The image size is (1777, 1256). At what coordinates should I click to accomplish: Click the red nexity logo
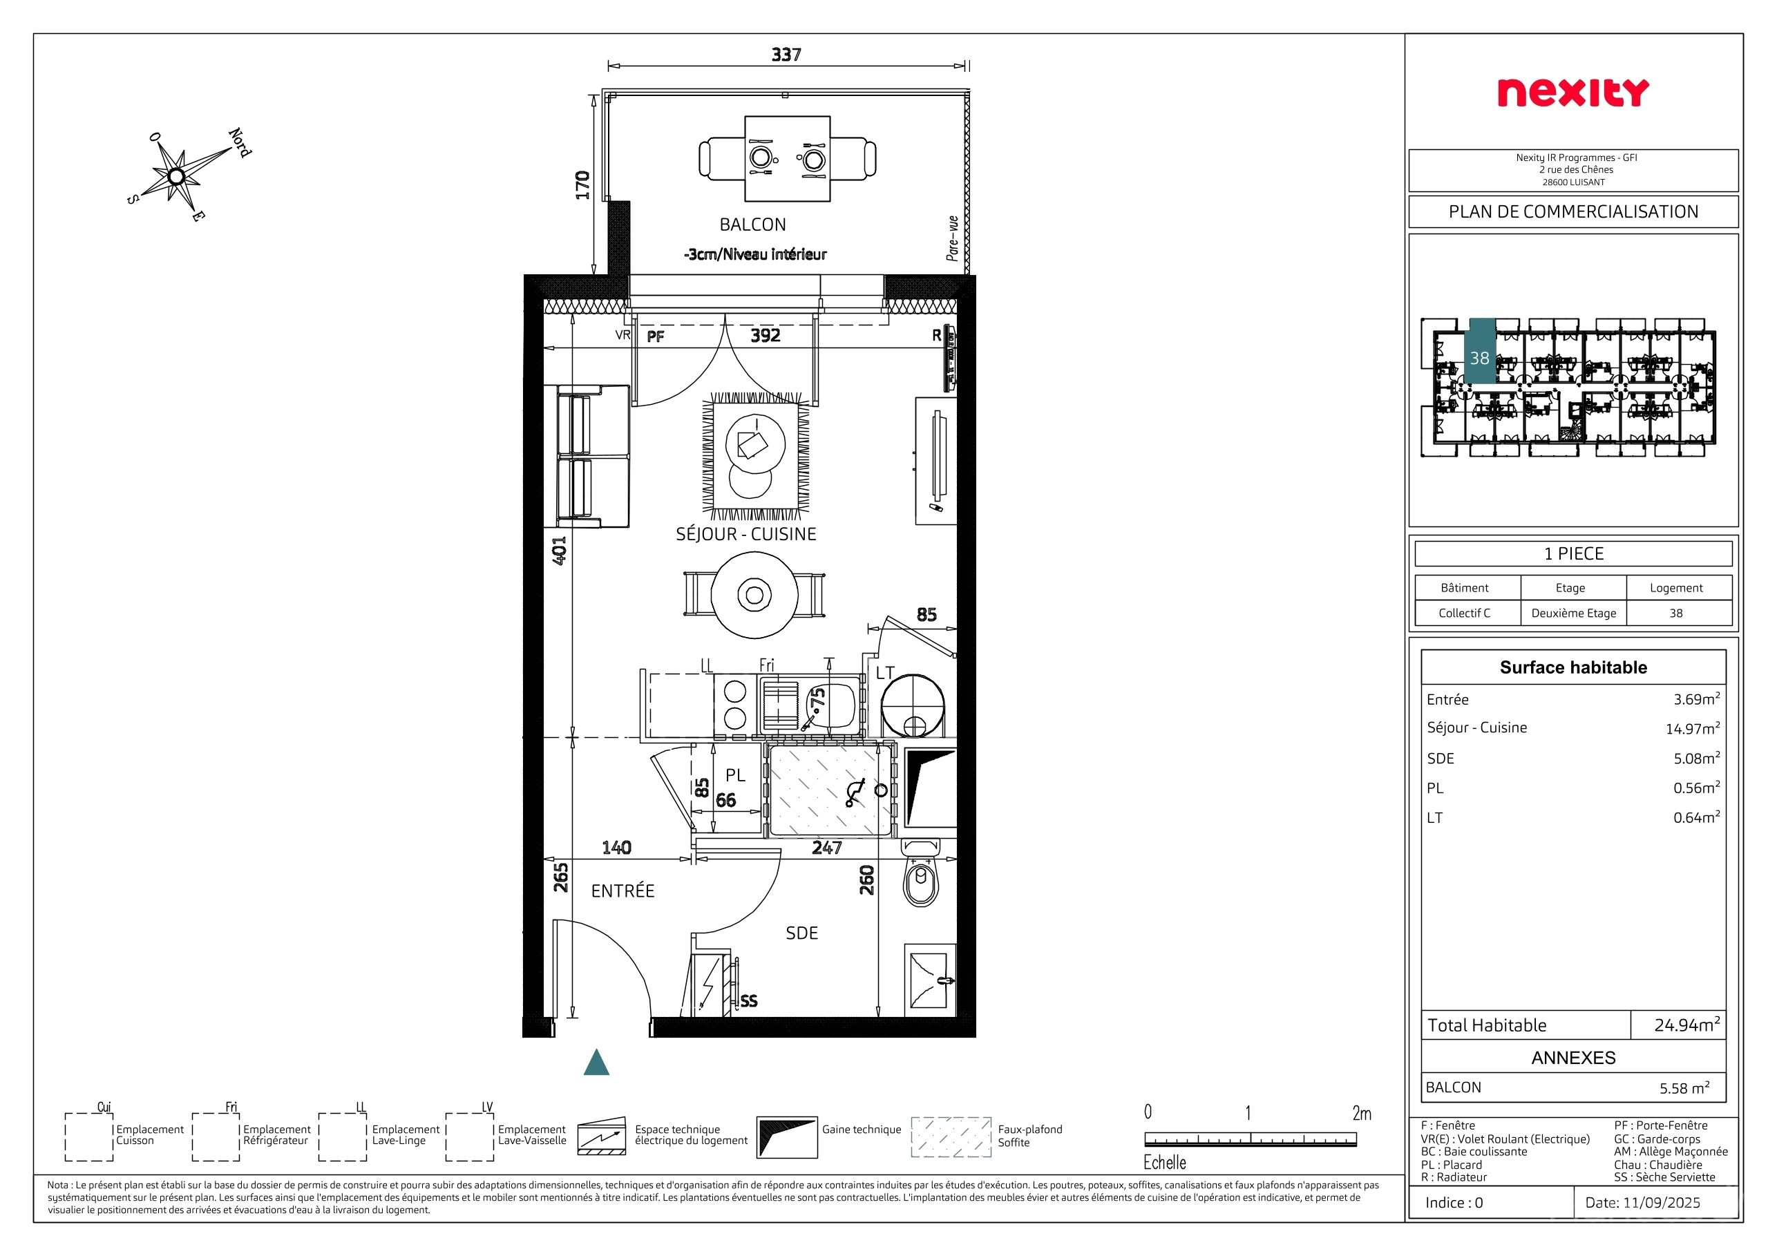(1572, 93)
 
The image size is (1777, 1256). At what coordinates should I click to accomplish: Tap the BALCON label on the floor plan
(752, 225)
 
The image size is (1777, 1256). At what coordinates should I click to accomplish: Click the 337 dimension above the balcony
(786, 54)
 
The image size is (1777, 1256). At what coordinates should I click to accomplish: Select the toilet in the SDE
(920, 874)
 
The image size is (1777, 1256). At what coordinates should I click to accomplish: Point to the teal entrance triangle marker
(596, 1063)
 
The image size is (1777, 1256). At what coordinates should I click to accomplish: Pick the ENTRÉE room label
(623, 891)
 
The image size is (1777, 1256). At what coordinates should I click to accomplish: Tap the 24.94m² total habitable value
(1687, 1025)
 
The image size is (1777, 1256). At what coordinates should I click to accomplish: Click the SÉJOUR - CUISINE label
(746, 534)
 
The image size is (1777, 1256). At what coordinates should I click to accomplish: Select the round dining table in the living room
(754, 594)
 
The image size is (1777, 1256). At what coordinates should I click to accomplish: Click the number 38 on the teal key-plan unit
(1480, 359)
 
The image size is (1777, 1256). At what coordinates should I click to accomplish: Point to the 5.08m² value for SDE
(1696, 759)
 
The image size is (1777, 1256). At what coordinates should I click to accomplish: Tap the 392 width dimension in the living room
(766, 335)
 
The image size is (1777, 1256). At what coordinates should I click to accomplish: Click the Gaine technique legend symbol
(786, 1136)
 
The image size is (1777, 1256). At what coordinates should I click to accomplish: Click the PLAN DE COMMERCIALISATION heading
(1573, 212)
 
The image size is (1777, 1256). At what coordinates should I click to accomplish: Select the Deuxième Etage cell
(1573, 613)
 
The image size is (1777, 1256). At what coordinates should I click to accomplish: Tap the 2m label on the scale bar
(1362, 1114)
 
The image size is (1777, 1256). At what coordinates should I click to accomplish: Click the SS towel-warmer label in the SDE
(748, 1000)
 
